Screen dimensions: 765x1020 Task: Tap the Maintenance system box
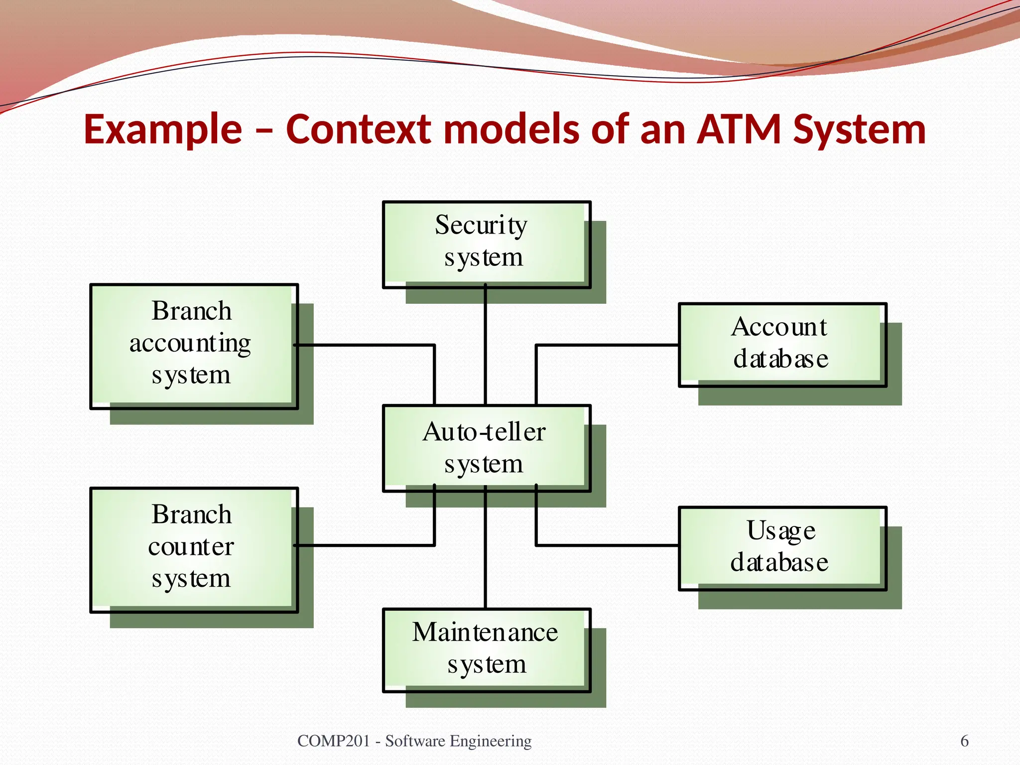point(486,649)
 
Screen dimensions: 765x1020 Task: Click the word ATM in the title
point(739,129)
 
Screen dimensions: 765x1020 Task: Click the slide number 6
point(964,741)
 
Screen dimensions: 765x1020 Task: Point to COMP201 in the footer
point(333,741)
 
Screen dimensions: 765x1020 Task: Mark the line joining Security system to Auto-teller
point(486,349)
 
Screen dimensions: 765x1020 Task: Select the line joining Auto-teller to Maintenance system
point(486,553)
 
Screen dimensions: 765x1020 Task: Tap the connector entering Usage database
point(608,545)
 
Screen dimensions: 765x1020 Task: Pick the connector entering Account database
point(608,345)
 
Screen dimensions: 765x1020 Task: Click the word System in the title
point(860,129)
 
